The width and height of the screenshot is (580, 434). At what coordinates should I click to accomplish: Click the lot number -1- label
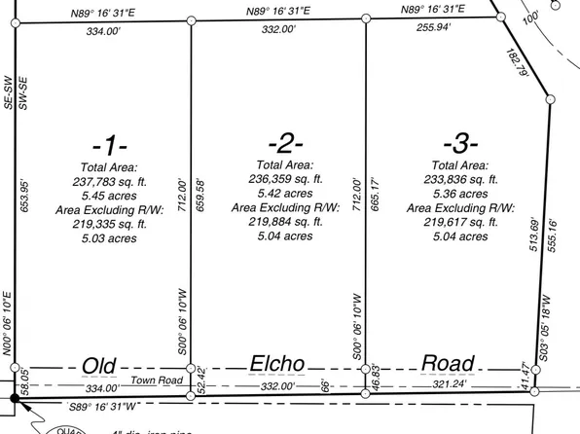coord(110,146)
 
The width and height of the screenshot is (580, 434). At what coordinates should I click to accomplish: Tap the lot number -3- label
coord(455,145)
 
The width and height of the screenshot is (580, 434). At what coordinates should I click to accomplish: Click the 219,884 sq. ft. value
coord(284,221)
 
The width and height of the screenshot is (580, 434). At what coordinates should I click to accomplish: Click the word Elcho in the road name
coord(279,364)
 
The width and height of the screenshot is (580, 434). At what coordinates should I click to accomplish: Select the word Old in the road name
coord(99,364)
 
